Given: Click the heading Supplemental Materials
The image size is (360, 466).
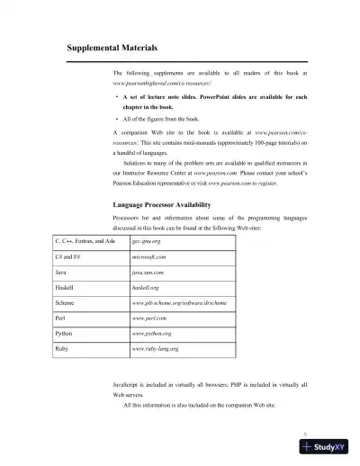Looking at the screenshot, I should pyautogui.click(x=112, y=47).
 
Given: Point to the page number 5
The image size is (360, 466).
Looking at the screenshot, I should pyautogui.click(x=306, y=433).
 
